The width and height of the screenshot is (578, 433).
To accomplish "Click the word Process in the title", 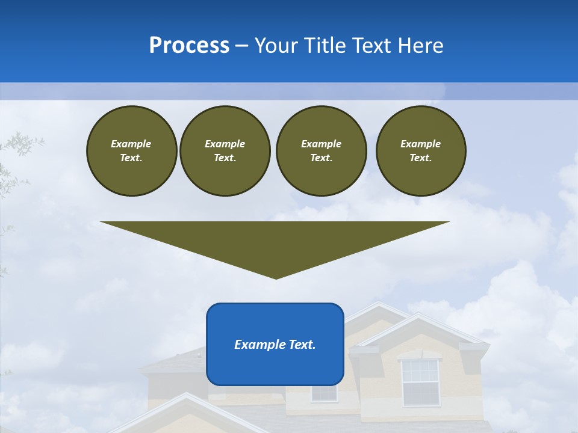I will [x=189, y=46].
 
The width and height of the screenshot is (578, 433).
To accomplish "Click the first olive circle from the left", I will [x=131, y=151].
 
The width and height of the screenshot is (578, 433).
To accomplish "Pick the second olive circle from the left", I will [x=225, y=151].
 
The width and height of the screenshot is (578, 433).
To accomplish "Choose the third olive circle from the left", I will [x=321, y=151].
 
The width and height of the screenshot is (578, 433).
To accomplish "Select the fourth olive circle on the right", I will [x=420, y=151].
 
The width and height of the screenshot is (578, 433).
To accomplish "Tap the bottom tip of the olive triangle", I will [x=276, y=278].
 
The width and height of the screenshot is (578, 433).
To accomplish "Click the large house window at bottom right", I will [x=420, y=382].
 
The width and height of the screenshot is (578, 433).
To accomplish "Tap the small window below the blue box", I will [x=324, y=393].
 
